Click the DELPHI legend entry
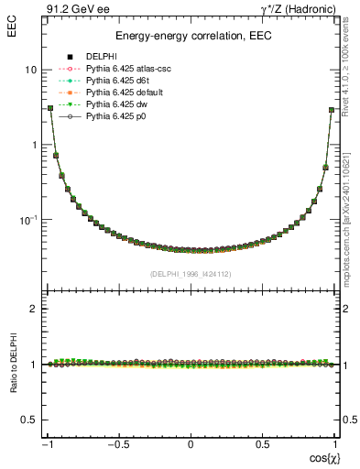coord(101,57)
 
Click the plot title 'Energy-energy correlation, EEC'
coord(191,37)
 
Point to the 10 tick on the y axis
coord(31,70)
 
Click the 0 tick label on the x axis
coord(191,445)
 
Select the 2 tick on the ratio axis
coord(33,309)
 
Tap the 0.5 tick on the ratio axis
coord(29,420)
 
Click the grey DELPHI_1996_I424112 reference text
coord(191,274)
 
